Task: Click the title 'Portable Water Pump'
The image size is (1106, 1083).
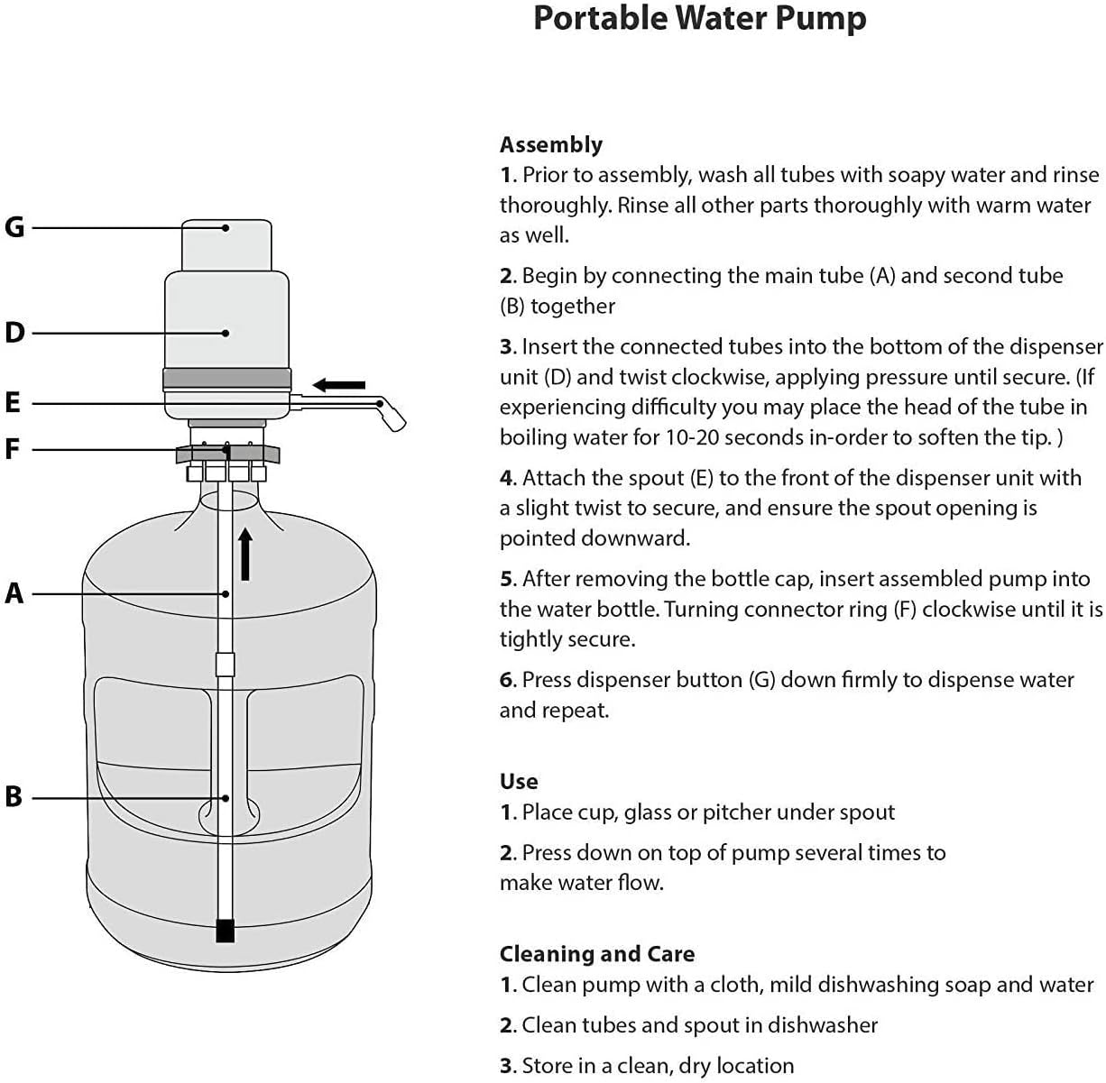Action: click(x=699, y=19)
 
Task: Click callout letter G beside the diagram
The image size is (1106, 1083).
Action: click(x=14, y=227)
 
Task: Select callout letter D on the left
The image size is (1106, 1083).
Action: click(x=14, y=333)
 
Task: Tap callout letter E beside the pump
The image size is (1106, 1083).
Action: click(x=13, y=402)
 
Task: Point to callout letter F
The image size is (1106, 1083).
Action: click(x=13, y=448)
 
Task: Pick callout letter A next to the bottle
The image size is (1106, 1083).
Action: click(x=14, y=593)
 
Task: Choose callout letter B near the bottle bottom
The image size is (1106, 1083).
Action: click(x=14, y=797)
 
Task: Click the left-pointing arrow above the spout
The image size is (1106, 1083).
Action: click(x=339, y=385)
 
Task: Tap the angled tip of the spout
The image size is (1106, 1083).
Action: click(x=394, y=418)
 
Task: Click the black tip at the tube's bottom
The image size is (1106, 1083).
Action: click(x=226, y=931)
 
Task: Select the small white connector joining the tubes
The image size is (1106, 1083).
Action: click(x=226, y=665)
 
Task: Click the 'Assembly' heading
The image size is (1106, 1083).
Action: click(x=550, y=145)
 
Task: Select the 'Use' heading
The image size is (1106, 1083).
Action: click(x=519, y=782)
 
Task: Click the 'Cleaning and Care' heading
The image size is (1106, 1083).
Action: click(x=597, y=954)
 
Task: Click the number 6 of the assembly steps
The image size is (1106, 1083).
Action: click(x=507, y=680)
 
